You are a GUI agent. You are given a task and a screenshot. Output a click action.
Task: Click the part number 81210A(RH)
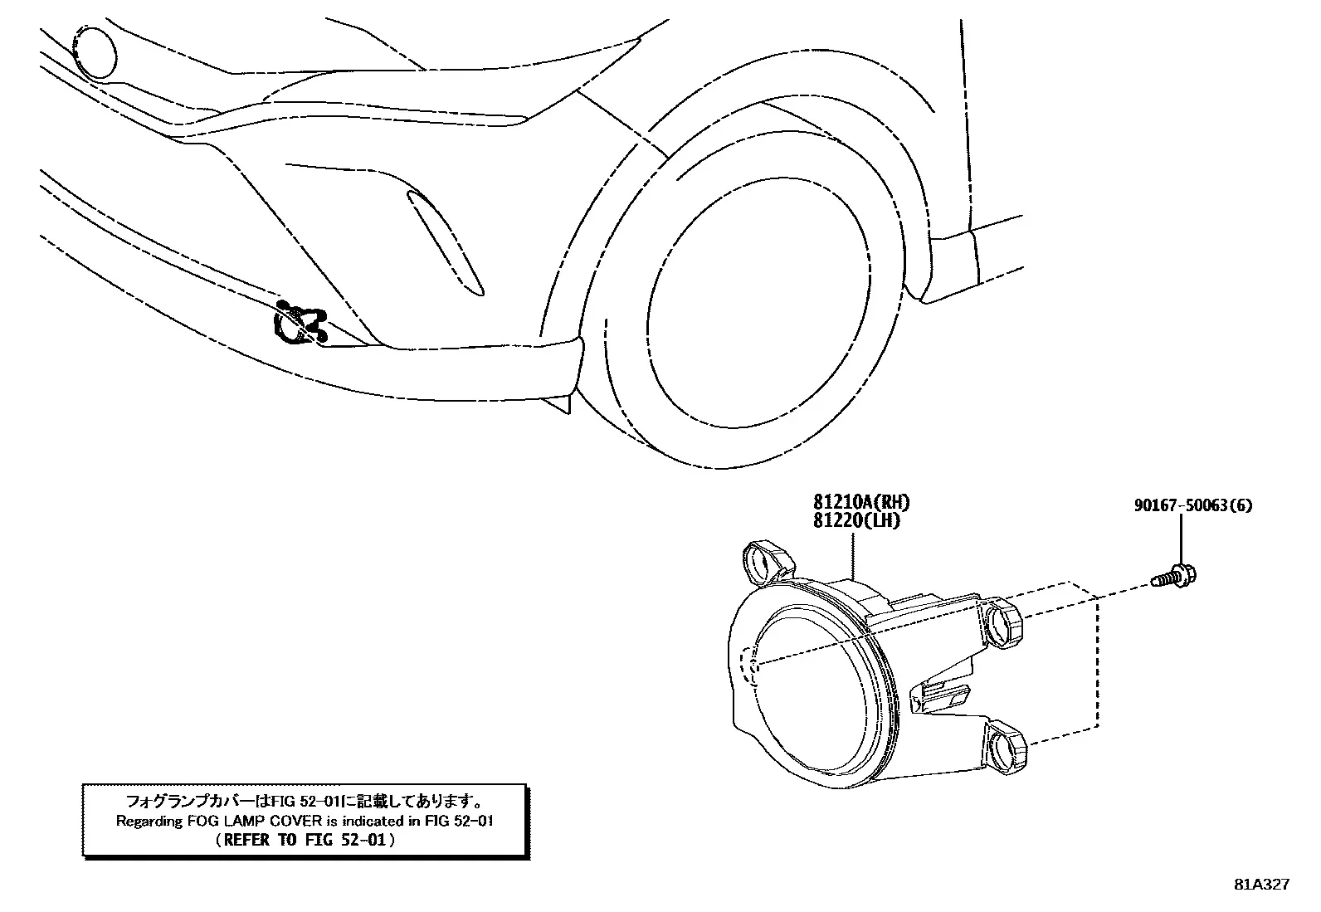pyautogui.click(x=861, y=502)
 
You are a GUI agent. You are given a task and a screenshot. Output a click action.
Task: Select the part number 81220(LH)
pyautogui.click(x=856, y=520)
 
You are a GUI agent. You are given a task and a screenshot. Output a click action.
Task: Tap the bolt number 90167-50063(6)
pyautogui.click(x=1193, y=505)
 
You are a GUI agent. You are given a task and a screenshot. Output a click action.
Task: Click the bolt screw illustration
pyautogui.click(x=1173, y=575)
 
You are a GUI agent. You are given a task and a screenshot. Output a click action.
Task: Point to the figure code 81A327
pyautogui.click(x=1261, y=885)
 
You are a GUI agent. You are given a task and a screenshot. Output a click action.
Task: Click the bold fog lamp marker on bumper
pyautogui.click(x=300, y=324)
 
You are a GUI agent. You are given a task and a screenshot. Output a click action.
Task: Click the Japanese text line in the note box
pyautogui.click(x=305, y=801)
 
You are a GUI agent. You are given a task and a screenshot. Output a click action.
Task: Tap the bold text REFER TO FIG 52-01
pyautogui.click(x=305, y=840)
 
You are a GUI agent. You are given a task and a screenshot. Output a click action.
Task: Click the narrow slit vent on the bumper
pyautogui.click(x=446, y=242)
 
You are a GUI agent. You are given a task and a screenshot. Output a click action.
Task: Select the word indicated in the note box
pyautogui.click(x=372, y=821)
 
